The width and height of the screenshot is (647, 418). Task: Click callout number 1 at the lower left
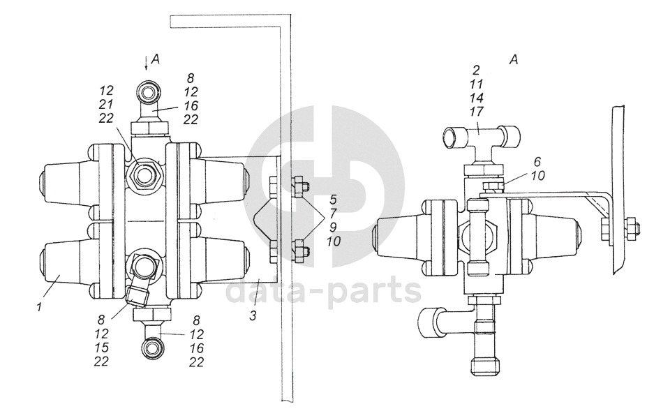point(39,308)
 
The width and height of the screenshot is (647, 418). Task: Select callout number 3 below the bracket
point(253,316)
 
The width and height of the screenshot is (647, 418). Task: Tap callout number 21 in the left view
point(105,105)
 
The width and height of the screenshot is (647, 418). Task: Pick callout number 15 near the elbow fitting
point(101,348)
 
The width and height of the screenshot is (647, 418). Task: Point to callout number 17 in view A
point(476,112)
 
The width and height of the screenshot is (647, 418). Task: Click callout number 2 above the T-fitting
point(477,70)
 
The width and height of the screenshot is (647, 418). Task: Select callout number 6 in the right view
point(537,161)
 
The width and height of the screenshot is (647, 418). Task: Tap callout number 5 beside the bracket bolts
point(333,200)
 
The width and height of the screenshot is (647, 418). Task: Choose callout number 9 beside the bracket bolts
point(333,227)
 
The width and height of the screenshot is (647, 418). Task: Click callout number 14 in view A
point(476,98)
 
